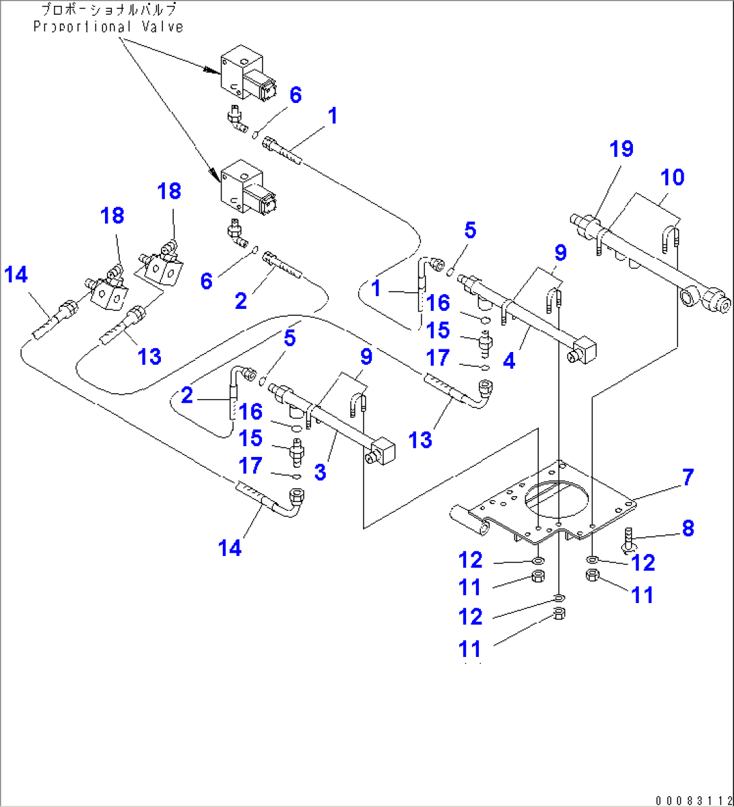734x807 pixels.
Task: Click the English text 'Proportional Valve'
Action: pyautogui.click(x=108, y=27)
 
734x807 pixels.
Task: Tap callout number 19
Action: pyautogui.click(x=622, y=149)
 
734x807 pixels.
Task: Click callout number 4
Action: pyautogui.click(x=508, y=361)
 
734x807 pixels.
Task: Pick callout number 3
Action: pyautogui.click(x=320, y=472)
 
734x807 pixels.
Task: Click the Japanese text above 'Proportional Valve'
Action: pyautogui.click(x=108, y=10)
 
